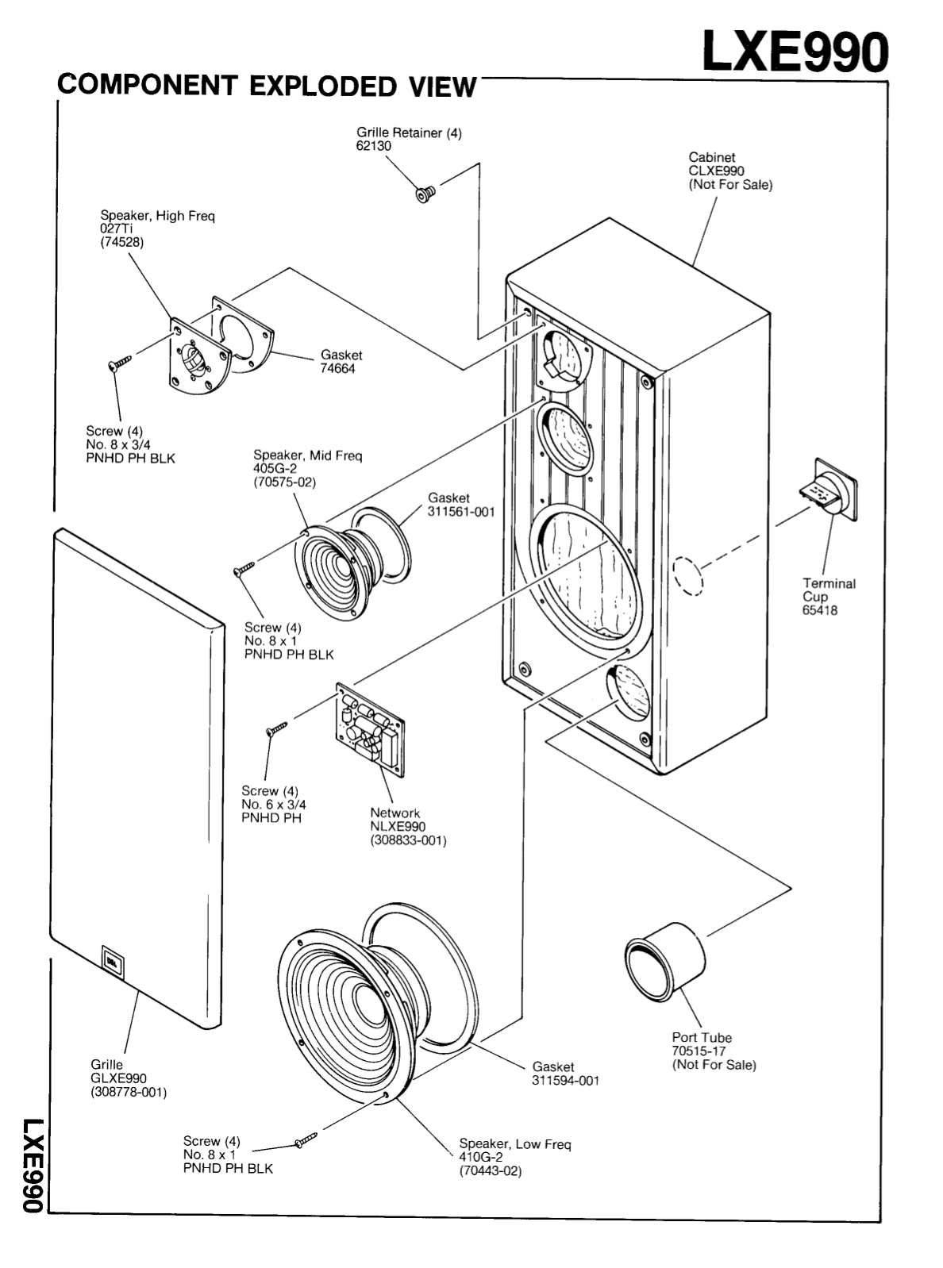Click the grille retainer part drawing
coord(425,194)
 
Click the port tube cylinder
coord(664,963)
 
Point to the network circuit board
coord(370,725)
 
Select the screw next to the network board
coord(277,727)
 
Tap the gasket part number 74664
coord(337,369)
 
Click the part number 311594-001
coord(566,1081)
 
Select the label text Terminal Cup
coord(829,590)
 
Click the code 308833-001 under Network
coord(408,840)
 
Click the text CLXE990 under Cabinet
coord(716,171)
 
